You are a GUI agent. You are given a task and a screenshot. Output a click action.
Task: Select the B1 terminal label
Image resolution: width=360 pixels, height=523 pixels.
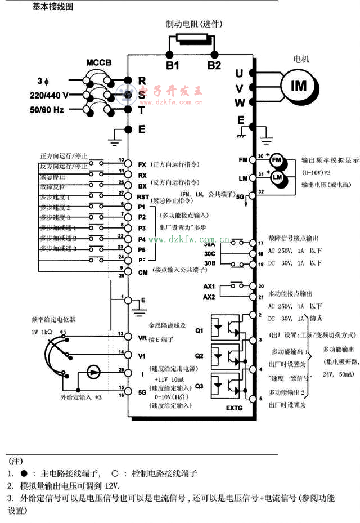[x=173, y=65]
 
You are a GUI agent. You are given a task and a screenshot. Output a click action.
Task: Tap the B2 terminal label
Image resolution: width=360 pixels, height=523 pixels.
[x=214, y=65]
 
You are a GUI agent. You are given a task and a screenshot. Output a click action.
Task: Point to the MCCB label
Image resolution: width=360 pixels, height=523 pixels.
[x=100, y=62]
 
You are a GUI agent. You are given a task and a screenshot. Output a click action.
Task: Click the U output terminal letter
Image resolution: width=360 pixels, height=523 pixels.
[x=239, y=73]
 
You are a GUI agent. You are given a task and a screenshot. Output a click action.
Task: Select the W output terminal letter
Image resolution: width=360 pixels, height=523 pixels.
[x=240, y=102]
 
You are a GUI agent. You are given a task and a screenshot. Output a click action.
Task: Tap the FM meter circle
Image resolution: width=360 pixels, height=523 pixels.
[x=276, y=160]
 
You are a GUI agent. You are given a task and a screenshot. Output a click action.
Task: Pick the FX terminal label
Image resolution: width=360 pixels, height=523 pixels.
[x=142, y=165]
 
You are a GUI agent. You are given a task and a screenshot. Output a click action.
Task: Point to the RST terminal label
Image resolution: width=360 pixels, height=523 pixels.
[x=143, y=196]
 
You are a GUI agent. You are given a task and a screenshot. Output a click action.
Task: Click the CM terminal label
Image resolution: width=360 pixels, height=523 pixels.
[x=142, y=272]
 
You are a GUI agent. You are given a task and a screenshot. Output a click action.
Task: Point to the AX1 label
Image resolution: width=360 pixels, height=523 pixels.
[x=209, y=286]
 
